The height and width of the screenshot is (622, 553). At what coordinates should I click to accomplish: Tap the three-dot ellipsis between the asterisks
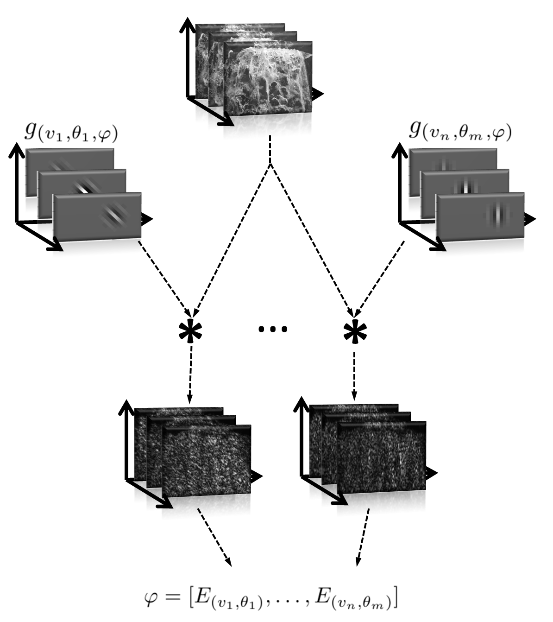273,329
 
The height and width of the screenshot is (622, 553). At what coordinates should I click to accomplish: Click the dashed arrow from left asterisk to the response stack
190,375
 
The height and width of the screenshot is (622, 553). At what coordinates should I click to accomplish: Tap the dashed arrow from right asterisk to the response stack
355,375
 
